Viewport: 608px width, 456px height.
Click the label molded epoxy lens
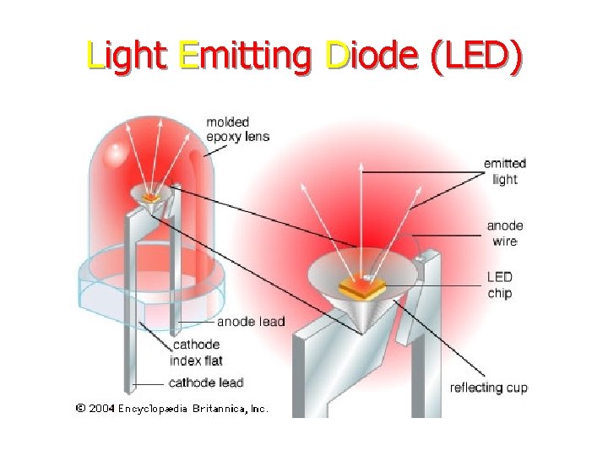point(237,129)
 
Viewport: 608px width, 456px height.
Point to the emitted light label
point(504,171)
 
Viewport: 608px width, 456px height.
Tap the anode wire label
point(504,233)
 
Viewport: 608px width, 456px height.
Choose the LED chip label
point(499,285)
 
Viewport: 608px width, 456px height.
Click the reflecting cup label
point(489,388)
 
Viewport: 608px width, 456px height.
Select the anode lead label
point(251,322)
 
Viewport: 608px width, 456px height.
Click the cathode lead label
point(205,383)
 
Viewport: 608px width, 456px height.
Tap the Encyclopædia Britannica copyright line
point(171,409)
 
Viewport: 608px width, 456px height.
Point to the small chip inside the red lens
point(152,198)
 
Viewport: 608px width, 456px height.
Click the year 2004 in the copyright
point(101,409)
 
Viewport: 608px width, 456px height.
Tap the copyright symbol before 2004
point(80,409)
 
